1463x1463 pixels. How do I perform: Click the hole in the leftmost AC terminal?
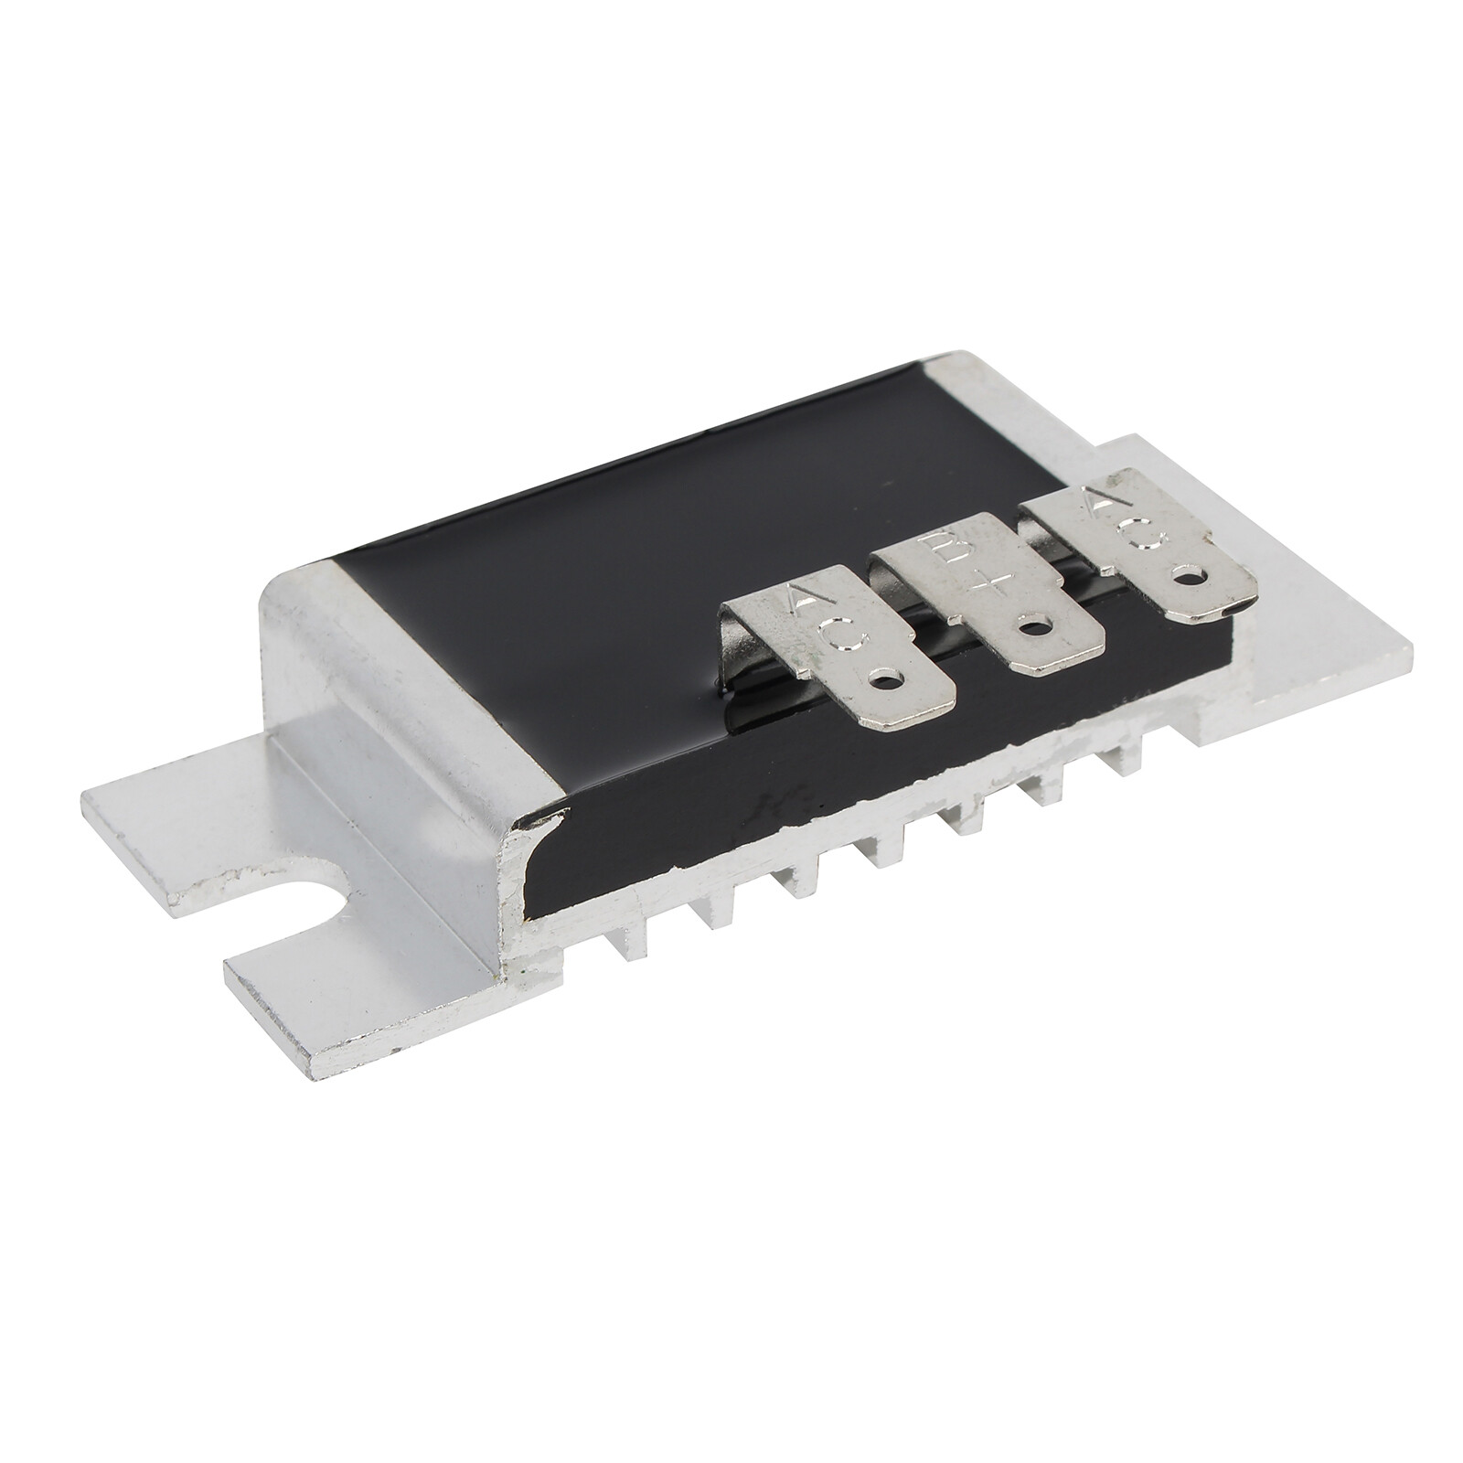click(x=886, y=678)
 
